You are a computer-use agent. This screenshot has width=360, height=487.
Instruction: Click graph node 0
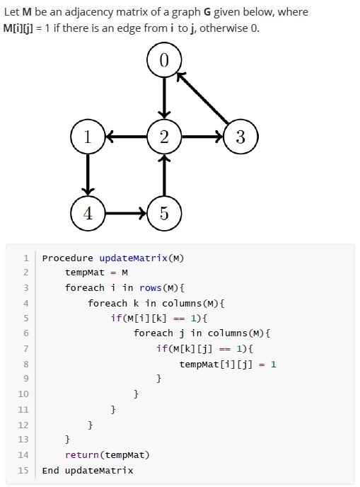tap(164, 59)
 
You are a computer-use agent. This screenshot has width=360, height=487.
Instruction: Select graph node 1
tap(88, 137)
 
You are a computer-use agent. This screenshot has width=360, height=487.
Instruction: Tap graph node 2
tap(164, 137)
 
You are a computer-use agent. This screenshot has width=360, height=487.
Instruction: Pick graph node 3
tap(241, 137)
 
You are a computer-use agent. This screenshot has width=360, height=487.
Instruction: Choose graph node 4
tap(88, 213)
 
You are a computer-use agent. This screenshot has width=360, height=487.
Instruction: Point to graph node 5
tap(164, 213)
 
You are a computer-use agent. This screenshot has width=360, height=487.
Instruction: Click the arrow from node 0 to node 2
tap(164, 98)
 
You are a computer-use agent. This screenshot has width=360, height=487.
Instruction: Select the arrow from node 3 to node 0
tap(202, 98)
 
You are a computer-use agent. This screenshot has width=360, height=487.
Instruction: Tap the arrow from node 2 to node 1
tap(127, 137)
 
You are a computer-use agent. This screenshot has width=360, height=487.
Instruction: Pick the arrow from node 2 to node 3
tap(202, 137)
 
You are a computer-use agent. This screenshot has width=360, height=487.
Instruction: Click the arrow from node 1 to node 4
tap(88, 175)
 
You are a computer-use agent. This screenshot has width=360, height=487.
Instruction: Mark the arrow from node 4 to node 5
tap(126, 213)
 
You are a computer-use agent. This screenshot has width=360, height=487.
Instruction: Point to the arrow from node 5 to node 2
tap(164, 175)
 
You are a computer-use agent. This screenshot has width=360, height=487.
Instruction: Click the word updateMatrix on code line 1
tap(133, 258)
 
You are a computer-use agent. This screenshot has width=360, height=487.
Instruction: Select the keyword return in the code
tap(82, 454)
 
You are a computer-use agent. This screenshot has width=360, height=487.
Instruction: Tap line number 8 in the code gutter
tap(26, 364)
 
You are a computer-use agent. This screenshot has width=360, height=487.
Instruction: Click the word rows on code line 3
tap(151, 288)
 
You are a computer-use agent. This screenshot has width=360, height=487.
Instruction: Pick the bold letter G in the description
tap(207, 12)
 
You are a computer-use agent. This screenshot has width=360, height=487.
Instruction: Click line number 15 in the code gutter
tap(23, 470)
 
